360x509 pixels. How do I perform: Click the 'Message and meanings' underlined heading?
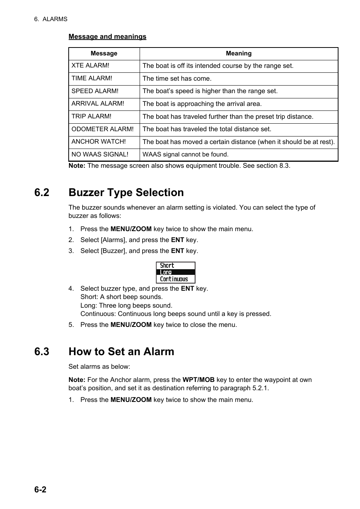click(x=107, y=37)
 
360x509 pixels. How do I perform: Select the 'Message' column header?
click(x=104, y=54)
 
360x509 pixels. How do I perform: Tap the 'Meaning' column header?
click(x=238, y=54)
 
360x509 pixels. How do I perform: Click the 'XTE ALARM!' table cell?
click(x=91, y=66)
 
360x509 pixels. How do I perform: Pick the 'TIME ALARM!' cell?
click(x=92, y=78)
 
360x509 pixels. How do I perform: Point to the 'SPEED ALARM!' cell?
click(x=95, y=91)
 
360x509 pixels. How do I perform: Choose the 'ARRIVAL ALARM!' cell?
click(x=98, y=104)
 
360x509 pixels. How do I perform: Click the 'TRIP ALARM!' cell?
click(x=91, y=117)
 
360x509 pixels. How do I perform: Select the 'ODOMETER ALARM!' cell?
click(x=102, y=129)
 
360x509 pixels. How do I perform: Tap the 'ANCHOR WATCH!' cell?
click(x=98, y=142)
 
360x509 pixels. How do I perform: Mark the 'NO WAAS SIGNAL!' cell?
click(x=100, y=155)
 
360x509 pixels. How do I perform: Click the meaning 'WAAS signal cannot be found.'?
click(x=185, y=155)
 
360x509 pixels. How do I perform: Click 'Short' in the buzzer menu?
click(x=167, y=265)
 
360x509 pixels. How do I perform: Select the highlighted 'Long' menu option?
click(x=166, y=272)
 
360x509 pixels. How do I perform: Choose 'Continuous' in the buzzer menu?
click(x=174, y=279)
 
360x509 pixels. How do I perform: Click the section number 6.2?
click(x=42, y=193)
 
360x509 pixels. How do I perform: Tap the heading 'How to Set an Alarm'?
click(x=121, y=352)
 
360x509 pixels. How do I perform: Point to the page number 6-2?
click(x=40, y=489)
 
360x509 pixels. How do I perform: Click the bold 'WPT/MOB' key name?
click(x=198, y=380)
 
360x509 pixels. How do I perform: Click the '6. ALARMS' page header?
click(x=51, y=19)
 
